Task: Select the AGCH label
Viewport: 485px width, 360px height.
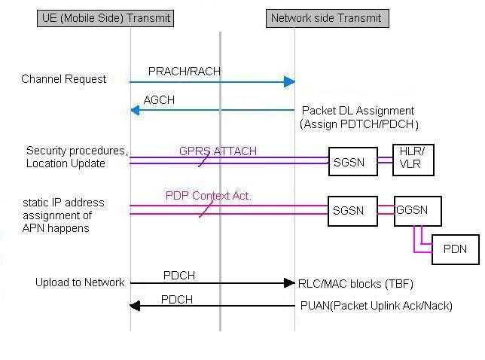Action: click(159, 100)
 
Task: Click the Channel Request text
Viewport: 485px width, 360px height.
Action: click(64, 79)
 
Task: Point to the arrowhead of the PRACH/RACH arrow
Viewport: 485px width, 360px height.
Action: click(289, 81)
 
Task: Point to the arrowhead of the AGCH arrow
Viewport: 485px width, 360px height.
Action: click(135, 110)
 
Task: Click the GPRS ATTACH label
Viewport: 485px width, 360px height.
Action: click(218, 151)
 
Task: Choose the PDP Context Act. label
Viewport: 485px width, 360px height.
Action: click(209, 196)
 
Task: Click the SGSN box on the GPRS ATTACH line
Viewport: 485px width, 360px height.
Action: click(353, 162)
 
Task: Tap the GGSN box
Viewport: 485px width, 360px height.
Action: click(417, 211)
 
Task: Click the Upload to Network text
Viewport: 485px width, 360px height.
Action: click(80, 282)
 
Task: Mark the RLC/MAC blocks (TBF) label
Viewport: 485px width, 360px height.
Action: click(355, 284)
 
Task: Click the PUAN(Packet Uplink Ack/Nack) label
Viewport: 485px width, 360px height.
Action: click(376, 306)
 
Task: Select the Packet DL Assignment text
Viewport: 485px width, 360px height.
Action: click(358, 111)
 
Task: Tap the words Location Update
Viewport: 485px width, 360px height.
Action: click(66, 163)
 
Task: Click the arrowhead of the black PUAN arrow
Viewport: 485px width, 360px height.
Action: click(135, 306)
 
